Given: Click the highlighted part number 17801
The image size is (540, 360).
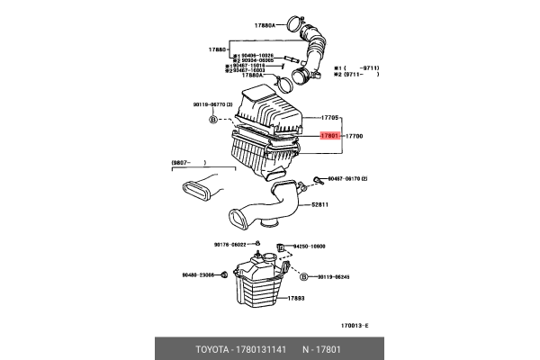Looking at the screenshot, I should pyautogui.click(x=329, y=136).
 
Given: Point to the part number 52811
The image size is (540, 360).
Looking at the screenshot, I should pyautogui.click(x=321, y=205).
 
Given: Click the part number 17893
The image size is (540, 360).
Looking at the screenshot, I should pyautogui.click(x=296, y=297).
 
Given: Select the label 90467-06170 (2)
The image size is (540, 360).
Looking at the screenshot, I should pyautogui.click(x=346, y=179).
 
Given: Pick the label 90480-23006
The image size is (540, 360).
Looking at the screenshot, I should pyautogui.click(x=197, y=275).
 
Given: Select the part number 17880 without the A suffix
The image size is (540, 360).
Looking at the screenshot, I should pyautogui.click(x=219, y=48).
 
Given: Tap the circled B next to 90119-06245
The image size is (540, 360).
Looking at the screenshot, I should pyautogui.click(x=303, y=276).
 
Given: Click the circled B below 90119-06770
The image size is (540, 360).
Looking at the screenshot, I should pyautogui.click(x=213, y=119).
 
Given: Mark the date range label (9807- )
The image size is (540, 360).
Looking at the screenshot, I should pyautogui.click(x=190, y=163).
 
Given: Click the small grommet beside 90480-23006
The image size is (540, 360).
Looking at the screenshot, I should pyautogui.click(x=223, y=275).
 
